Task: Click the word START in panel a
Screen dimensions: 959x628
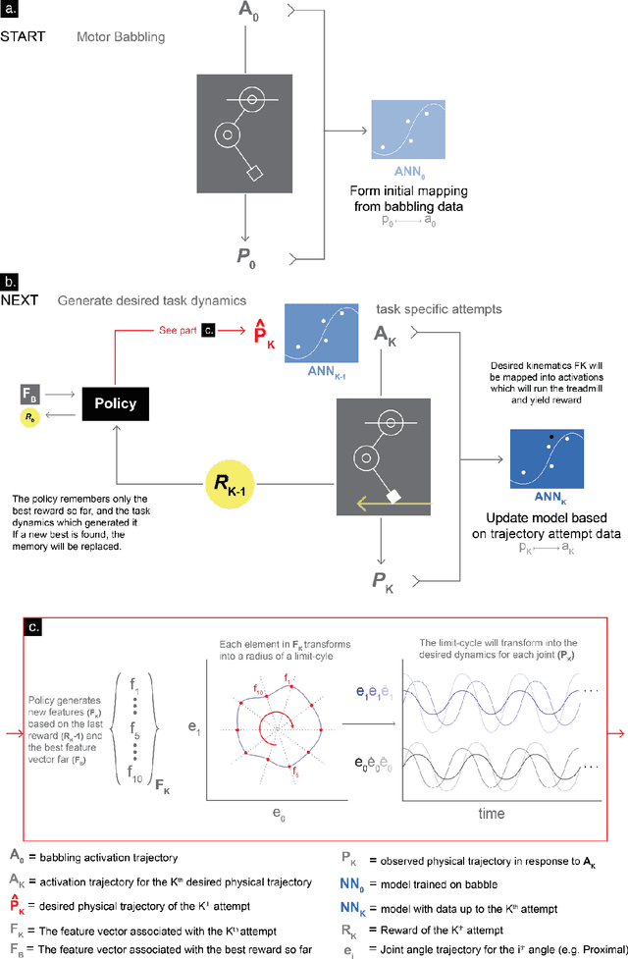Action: (23, 38)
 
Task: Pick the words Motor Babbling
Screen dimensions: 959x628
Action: (121, 38)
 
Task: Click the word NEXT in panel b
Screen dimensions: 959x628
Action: (20, 299)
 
